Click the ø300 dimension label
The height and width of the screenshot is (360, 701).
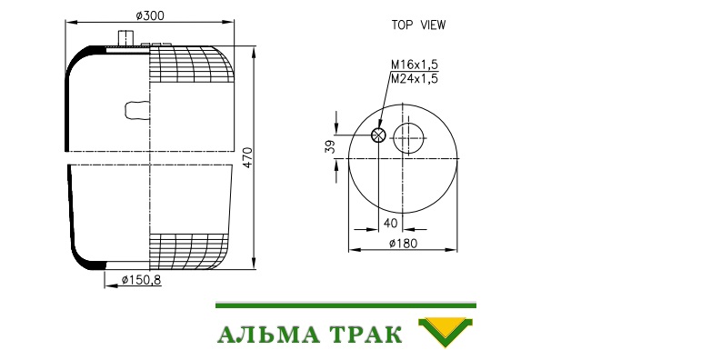(x=150, y=15)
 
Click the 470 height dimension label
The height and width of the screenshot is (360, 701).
(x=247, y=157)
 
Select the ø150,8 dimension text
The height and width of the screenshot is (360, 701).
(x=141, y=280)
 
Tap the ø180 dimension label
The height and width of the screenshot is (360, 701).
(x=403, y=244)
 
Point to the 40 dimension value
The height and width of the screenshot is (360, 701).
(x=390, y=223)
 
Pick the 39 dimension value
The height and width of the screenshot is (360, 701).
(x=330, y=146)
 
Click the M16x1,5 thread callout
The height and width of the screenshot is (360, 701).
(x=415, y=65)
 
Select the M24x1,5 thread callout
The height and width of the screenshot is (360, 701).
(x=415, y=79)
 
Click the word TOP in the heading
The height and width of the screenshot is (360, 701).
(x=402, y=25)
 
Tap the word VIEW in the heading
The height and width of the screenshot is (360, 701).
(x=433, y=25)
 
